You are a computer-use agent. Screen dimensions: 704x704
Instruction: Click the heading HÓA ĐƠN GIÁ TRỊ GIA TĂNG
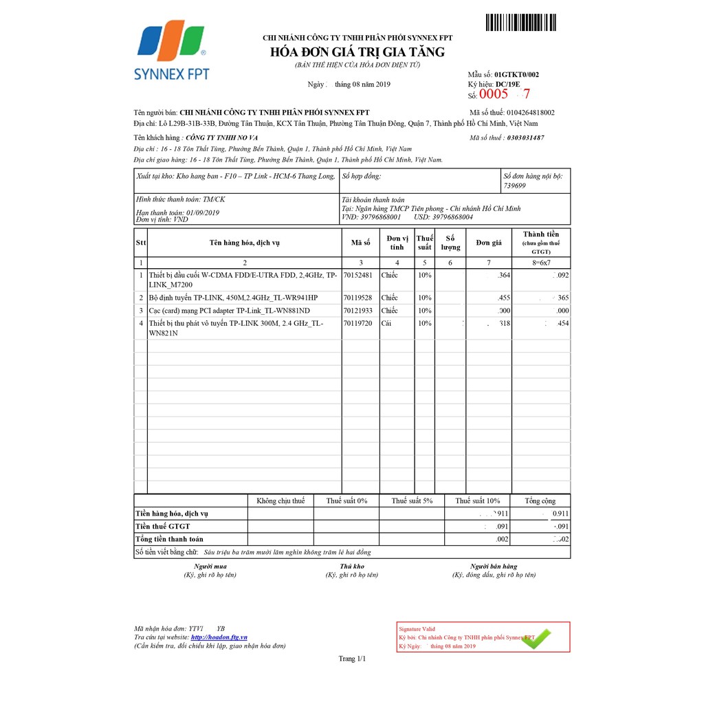point(357,52)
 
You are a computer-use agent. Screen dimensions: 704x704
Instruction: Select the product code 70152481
point(357,275)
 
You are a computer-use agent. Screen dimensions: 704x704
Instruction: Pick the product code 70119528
point(357,298)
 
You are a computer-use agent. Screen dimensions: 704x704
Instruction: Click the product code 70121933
point(357,310)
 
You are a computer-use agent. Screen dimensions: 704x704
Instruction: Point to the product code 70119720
point(357,322)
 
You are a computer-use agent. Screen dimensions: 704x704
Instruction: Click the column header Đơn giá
point(489,243)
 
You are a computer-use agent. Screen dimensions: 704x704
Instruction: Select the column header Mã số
point(360,243)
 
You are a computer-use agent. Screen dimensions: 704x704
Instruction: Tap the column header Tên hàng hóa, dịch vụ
point(244,243)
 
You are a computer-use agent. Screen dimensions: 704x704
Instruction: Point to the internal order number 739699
point(515,186)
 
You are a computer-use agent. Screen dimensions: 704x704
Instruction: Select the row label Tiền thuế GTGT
point(163,526)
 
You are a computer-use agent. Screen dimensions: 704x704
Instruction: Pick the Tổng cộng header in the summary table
point(540,500)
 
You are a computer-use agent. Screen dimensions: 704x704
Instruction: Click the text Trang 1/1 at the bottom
point(352,659)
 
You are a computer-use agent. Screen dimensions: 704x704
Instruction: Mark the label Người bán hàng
point(494,566)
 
